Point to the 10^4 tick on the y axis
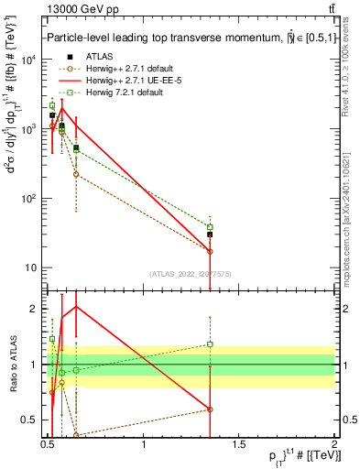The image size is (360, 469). pos(30,60)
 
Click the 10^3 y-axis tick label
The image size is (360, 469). pos(30,129)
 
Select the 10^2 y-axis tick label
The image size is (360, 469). pos(30,199)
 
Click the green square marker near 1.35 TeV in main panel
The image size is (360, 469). pos(210,227)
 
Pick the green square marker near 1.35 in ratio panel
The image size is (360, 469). pos(210,344)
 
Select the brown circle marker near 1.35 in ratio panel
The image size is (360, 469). pos(210,409)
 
